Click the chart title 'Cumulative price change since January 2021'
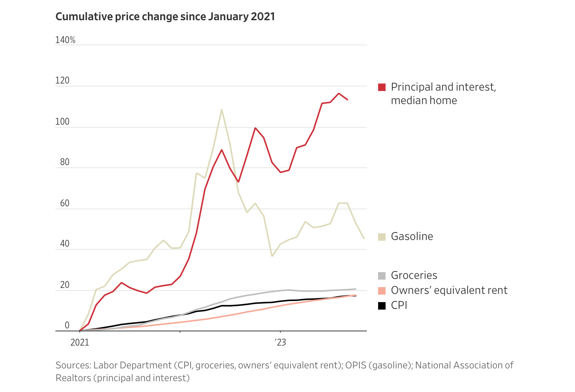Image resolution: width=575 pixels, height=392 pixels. click(165, 17)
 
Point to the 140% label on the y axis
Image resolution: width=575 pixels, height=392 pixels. click(65, 40)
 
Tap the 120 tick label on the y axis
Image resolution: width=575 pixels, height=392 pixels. click(63, 80)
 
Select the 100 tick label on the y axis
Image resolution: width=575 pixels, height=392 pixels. click(63, 122)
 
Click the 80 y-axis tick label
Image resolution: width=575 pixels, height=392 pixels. click(65, 162)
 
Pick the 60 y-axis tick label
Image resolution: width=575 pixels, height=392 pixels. click(65, 203)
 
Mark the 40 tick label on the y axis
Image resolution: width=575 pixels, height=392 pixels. click(65, 244)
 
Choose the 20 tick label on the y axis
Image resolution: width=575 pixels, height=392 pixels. click(65, 285)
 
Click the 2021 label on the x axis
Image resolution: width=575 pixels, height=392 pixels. click(80, 343)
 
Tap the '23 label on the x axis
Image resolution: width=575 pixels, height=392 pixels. click(280, 343)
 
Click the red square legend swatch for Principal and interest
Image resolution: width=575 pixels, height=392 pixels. click(382, 87)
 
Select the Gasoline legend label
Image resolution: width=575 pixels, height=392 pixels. click(412, 236)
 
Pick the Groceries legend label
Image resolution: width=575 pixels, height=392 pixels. click(414, 275)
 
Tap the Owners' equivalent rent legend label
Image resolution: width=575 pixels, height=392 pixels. click(449, 290)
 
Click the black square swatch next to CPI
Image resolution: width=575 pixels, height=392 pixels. click(382, 306)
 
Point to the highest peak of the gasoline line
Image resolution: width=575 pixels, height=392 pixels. click(222, 110)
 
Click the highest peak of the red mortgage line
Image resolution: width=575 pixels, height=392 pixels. click(339, 93)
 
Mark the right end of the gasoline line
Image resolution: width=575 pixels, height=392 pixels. click(364, 238)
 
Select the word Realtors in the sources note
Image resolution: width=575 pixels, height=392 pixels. click(73, 378)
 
